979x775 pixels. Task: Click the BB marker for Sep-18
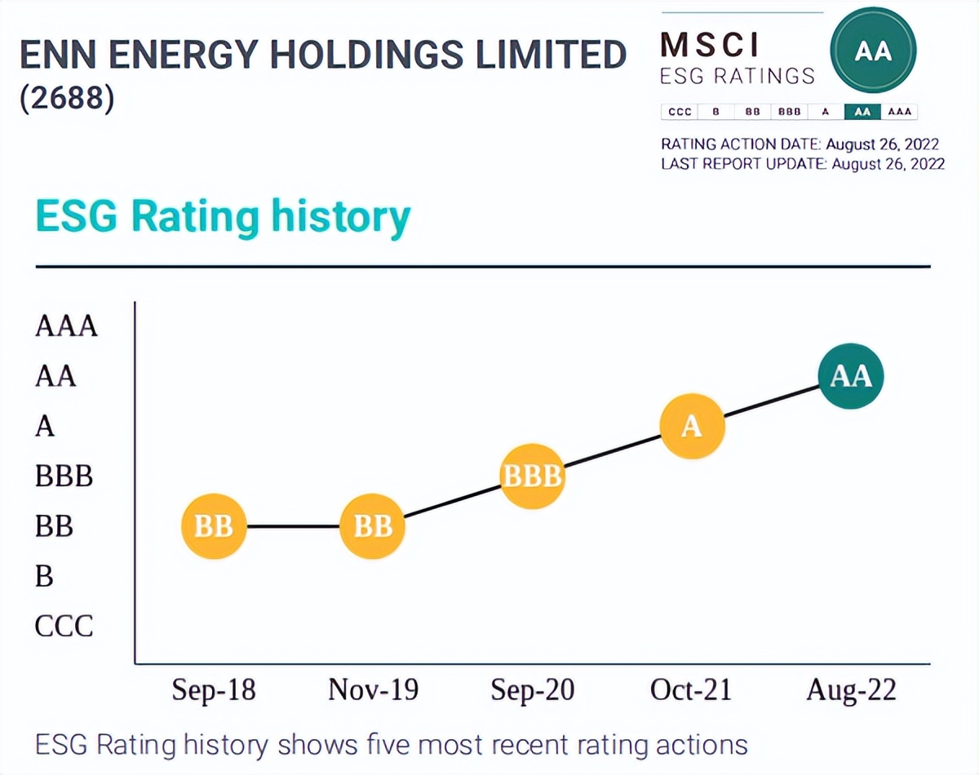[214, 527]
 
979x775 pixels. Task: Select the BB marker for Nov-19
[373, 527]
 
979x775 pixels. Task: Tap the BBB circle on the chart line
[532, 476]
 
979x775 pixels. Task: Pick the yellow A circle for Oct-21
[692, 427]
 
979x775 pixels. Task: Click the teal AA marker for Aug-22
[851, 376]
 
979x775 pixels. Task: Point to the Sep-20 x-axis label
[532, 690]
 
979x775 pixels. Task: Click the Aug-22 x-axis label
[851, 690]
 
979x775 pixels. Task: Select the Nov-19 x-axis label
[373, 690]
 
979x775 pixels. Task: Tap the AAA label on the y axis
[66, 326]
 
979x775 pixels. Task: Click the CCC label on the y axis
[64, 627]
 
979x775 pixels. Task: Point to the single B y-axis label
[44, 577]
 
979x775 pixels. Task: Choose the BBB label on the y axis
[64, 476]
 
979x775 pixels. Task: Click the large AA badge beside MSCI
[872, 52]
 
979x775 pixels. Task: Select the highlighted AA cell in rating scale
[862, 112]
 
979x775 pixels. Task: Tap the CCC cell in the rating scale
[679, 112]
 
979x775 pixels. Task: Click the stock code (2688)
[67, 99]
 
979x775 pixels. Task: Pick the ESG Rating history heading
[222, 217]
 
